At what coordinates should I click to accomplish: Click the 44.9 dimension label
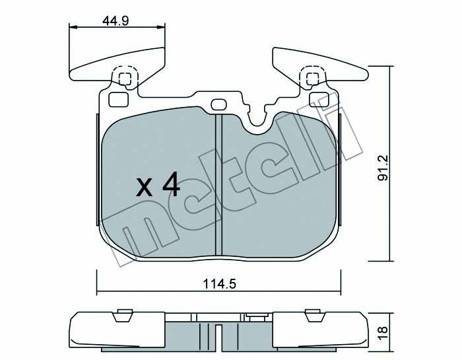coord(115,21)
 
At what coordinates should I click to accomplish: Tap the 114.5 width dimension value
coord(220,284)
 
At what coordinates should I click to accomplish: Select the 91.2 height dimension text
coord(383,168)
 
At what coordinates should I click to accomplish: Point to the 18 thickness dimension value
coord(383,334)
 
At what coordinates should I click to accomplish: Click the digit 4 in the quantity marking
coord(171,184)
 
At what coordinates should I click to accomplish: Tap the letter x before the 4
coord(144,187)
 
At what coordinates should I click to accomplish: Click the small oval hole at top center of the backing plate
coord(218,104)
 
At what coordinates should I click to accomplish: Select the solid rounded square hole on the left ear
coord(118,99)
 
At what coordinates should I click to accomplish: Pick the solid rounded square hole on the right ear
coord(319,99)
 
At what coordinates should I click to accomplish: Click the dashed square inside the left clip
coord(125,79)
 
